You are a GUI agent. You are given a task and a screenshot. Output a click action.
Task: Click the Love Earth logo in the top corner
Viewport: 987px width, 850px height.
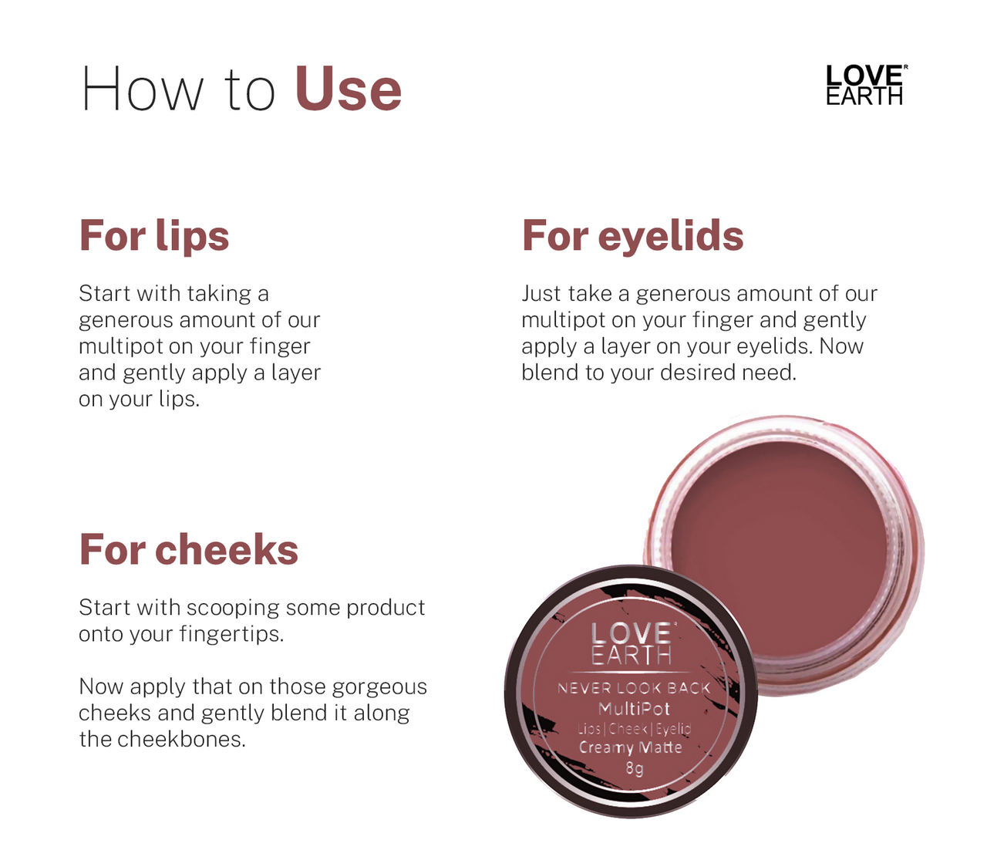click(864, 85)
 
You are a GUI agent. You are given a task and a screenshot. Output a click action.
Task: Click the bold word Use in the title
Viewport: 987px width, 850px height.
click(348, 89)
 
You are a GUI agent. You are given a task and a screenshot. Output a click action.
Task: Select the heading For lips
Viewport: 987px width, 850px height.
click(154, 235)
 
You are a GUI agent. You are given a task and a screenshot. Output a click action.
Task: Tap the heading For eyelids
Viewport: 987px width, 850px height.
click(632, 235)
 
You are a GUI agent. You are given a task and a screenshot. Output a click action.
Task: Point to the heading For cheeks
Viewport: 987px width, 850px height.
click(188, 550)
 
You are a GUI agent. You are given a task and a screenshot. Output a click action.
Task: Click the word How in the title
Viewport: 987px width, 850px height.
click(143, 89)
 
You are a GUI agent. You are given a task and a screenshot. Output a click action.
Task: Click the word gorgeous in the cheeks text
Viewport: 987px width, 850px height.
click(379, 687)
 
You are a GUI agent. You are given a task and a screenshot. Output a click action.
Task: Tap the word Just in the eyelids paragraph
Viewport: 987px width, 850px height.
click(541, 294)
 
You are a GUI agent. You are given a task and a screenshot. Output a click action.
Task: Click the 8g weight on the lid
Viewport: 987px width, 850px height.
click(634, 768)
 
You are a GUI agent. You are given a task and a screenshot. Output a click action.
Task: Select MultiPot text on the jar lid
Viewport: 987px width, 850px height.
click(634, 708)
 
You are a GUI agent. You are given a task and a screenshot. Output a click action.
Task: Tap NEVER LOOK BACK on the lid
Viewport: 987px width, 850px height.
click(634, 688)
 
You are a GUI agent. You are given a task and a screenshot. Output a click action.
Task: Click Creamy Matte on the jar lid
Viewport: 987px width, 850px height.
click(631, 747)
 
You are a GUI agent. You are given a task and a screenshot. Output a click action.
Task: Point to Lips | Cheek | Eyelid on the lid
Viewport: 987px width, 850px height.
click(634, 728)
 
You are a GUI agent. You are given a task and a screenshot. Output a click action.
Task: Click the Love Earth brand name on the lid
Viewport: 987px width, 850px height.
click(632, 644)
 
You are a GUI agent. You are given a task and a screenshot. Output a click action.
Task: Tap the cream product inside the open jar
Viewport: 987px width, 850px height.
click(779, 540)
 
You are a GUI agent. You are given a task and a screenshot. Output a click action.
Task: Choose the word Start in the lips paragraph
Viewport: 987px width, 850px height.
click(104, 294)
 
